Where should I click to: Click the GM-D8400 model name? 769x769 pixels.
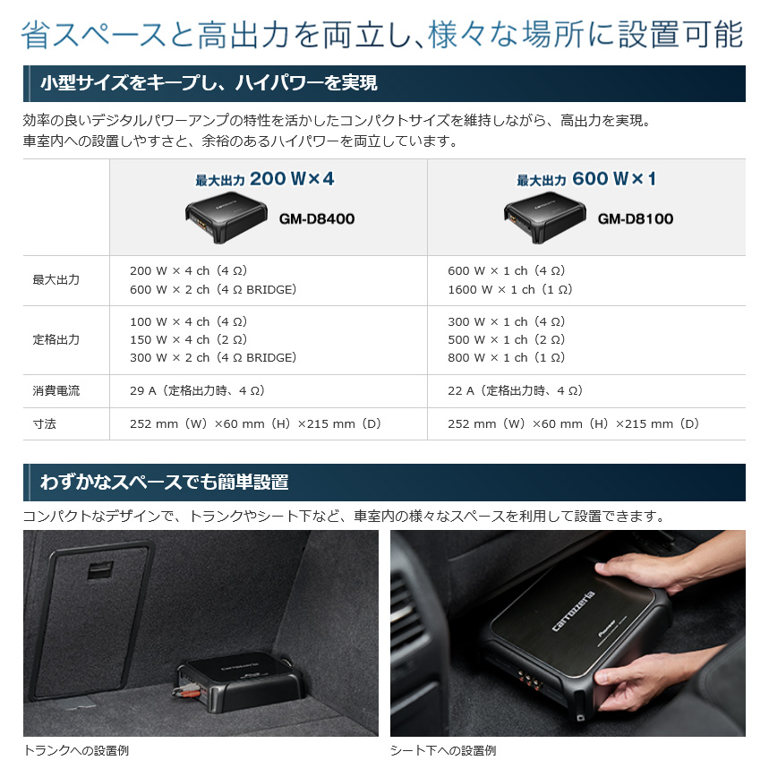[x=317, y=218]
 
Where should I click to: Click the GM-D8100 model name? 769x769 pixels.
[x=635, y=218]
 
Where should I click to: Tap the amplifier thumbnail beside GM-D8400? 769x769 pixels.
[x=226, y=217]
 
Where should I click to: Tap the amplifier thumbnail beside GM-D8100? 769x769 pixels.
[x=545, y=217]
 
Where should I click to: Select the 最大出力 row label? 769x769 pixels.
[x=56, y=280]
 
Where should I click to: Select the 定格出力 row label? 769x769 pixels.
[x=56, y=339]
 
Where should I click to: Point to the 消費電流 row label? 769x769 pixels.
[x=56, y=391]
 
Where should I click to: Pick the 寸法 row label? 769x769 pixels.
[x=44, y=423]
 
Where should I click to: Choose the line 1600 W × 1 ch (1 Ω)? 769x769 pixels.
[x=510, y=290]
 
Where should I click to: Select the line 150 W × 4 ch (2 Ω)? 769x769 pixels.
[x=188, y=339]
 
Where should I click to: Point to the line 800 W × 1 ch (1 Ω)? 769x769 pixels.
[x=506, y=357]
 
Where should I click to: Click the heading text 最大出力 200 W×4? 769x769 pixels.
[x=265, y=179]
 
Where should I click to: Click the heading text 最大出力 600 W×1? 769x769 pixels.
[x=586, y=179]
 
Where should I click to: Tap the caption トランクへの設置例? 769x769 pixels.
[x=76, y=750]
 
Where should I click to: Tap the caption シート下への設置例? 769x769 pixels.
[x=443, y=750]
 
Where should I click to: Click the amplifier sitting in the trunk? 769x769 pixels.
[x=240, y=681]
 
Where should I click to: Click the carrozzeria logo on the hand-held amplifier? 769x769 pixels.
[x=573, y=611]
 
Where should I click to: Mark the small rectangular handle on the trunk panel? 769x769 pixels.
[x=100, y=570]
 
